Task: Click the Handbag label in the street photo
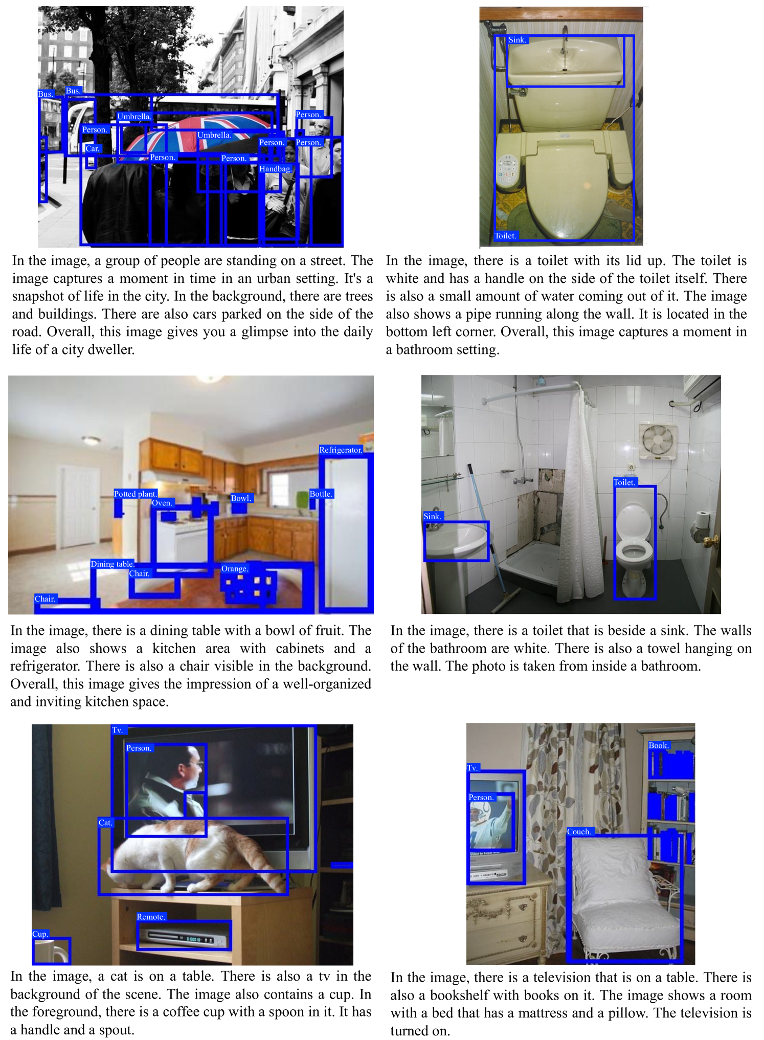(x=276, y=169)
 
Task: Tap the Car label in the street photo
(x=93, y=149)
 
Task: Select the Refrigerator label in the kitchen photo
(x=341, y=450)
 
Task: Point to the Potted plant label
(x=135, y=494)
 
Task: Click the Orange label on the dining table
(x=235, y=569)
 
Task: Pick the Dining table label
(x=113, y=564)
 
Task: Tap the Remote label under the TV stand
(x=151, y=917)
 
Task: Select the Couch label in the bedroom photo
(x=579, y=832)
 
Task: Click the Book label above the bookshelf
(x=659, y=745)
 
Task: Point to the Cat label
(x=105, y=823)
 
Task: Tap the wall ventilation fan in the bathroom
(x=658, y=440)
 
